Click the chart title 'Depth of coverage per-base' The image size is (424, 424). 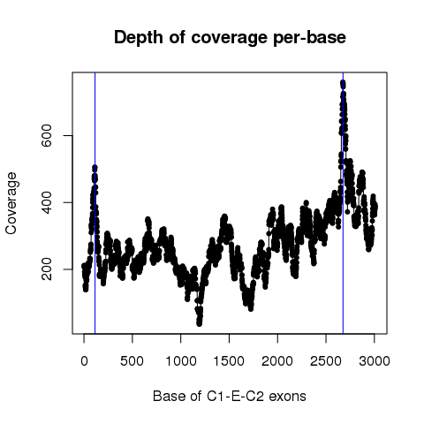point(230,38)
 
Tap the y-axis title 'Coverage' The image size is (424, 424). point(11,203)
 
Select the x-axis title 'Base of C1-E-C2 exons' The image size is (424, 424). point(230,396)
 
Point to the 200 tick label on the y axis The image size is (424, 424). point(47,269)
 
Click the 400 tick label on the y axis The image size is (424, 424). point(47,202)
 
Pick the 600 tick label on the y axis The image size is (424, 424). point(47,135)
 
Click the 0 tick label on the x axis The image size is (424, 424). point(84,361)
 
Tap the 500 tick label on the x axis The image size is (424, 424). point(132,361)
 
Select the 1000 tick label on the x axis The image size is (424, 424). point(181,361)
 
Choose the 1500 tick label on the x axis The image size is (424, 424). point(229,361)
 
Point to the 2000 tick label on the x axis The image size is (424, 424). point(277,361)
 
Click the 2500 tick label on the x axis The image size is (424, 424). point(326,361)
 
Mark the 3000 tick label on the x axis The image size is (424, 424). point(375,361)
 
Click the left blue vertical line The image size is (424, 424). point(95,203)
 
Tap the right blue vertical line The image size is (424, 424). point(344,203)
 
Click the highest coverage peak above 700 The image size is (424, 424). point(343,83)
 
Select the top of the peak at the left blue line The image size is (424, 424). point(95,168)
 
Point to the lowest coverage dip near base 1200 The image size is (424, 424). point(200,323)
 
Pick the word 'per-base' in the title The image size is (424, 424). point(309,38)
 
